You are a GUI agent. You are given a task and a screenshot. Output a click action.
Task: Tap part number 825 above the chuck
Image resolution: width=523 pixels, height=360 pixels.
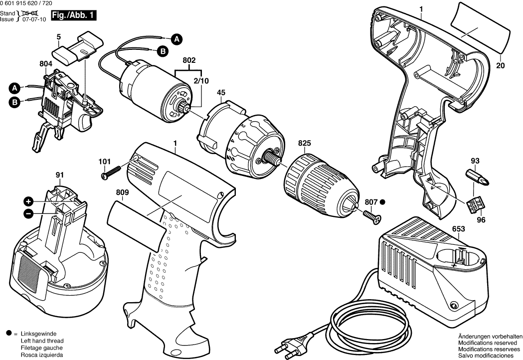305,143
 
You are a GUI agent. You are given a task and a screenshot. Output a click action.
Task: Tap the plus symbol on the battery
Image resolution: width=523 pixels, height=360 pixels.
29,201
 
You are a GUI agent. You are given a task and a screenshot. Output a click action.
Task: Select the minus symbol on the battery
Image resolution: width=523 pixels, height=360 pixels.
29,213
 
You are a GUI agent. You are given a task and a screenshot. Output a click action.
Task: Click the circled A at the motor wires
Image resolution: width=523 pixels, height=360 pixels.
176,38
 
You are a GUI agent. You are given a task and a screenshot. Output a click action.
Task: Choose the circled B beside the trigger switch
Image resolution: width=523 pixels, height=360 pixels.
15,102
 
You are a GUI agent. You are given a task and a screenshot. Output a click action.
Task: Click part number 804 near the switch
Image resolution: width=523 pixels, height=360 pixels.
46,64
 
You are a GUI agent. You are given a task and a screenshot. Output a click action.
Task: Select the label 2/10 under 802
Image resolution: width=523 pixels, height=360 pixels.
201,80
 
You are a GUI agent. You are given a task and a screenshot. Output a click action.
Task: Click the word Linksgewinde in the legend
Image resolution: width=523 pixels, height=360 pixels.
38,333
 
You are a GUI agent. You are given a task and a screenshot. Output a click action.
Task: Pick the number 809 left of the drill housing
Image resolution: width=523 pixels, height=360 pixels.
122,192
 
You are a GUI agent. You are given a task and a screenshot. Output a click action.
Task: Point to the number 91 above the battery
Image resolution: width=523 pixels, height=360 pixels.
60,175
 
